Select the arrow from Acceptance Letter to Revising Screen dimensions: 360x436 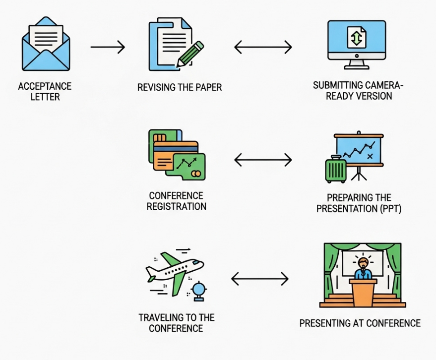click(108, 48)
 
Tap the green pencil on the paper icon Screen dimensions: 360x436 click(190, 54)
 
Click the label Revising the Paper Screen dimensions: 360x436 click(180, 88)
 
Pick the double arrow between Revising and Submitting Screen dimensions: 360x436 click(263, 48)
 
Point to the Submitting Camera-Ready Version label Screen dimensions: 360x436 click(359, 91)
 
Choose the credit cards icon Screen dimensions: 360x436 click(177, 154)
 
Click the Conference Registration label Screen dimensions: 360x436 click(176, 201)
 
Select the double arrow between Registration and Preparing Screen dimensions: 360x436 click(263, 160)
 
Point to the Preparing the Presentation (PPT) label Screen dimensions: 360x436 click(359, 203)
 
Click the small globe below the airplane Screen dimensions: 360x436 click(198, 290)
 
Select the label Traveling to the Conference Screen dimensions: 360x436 click(176, 323)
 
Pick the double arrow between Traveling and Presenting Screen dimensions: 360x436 click(260, 279)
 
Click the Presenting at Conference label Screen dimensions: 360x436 click(360, 323)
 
